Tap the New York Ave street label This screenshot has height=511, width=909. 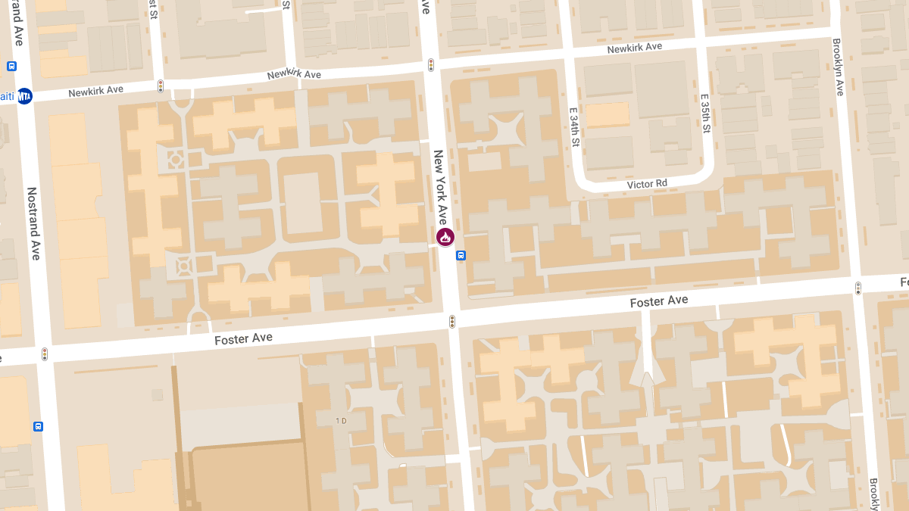click(x=440, y=187)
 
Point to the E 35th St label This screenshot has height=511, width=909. click(x=704, y=114)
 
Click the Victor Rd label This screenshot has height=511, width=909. click(x=647, y=184)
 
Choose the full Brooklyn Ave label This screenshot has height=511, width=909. click(x=838, y=67)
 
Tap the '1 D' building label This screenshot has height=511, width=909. click(x=341, y=420)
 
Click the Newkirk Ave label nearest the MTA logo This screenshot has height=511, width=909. click(x=95, y=91)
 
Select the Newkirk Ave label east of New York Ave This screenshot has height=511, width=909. click(x=634, y=47)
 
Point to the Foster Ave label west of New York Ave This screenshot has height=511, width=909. click(x=243, y=338)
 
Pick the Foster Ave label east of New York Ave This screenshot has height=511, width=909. click(x=659, y=301)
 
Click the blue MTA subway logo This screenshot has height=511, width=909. click(x=25, y=96)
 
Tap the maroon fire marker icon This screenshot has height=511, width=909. click(x=445, y=238)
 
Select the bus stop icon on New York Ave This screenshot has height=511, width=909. click(x=461, y=256)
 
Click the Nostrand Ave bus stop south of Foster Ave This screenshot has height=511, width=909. click(x=39, y=426)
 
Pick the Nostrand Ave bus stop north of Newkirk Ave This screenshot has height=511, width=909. click(x=12, y=66)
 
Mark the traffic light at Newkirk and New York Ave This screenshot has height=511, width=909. click(x=431, y=65)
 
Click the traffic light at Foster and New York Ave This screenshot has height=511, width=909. click(x=452, y=321)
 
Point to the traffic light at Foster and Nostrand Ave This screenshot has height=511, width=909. click(x=45, y=354)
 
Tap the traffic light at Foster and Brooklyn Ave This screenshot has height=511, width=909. click(x=858, y=288)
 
